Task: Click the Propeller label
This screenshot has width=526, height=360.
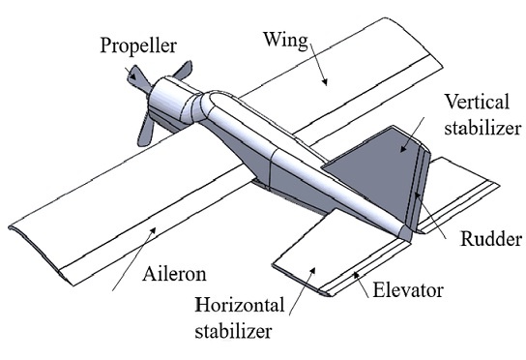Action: [x=135, y=45]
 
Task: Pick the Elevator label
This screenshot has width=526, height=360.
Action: [x=411, y=288]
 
